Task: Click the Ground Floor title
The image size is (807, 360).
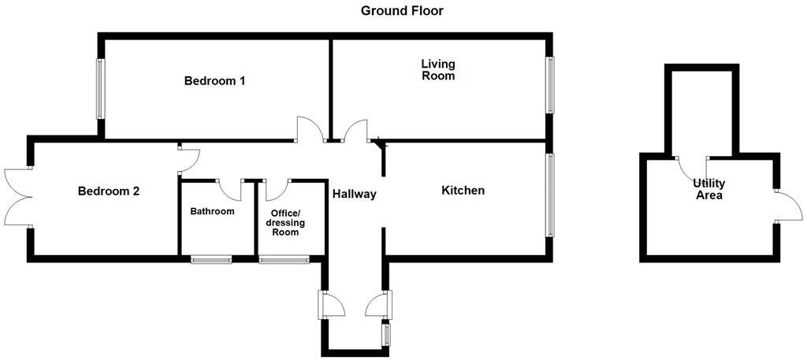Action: pos(402,11)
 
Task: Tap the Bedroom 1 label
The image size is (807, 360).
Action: pos(215,81)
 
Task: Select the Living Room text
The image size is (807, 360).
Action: pos(438,70)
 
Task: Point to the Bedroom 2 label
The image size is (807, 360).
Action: pos(109,191)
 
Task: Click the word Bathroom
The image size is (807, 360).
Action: pos(212,211)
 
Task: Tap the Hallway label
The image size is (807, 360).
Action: pos(354,194)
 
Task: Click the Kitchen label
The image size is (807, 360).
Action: pos(463,191)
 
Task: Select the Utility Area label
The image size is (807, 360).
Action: pos(708,189)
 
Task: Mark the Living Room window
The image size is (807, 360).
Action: pos(550,85)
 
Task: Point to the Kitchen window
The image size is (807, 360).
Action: pos(550,195)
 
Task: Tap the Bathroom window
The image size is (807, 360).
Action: pos(211,258)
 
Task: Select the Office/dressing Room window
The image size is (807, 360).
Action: pos(284,258)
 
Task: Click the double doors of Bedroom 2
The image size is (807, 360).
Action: pos(16,197)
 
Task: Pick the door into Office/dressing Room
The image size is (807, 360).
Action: pos(277,189)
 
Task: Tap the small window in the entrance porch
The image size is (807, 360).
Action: pos(386,334)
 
